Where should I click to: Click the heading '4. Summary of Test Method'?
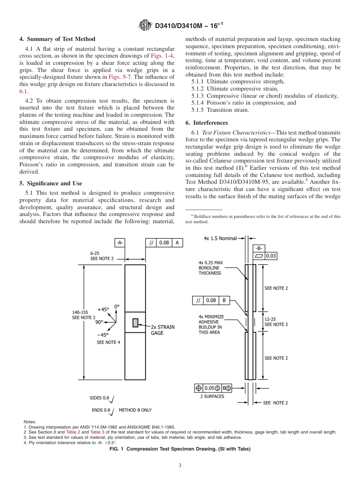click(x=57, y=39)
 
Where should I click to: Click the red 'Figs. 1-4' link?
click(x=163, y=56)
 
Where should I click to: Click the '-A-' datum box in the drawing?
click(x=120, y=243)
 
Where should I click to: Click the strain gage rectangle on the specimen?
click(x=135, y=323)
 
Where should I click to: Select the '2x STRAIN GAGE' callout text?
click(x=163, y=330)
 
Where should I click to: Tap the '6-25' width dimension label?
click(x=95, y=253)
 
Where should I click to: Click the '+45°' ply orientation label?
click(x=103, y=309)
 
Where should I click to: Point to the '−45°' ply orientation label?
click(x=102, y=335)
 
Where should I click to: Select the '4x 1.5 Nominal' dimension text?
click(x=220, y=238)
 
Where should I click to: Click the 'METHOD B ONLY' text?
click(x=135, y=410)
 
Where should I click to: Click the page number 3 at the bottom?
click(x=180, y=466)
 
